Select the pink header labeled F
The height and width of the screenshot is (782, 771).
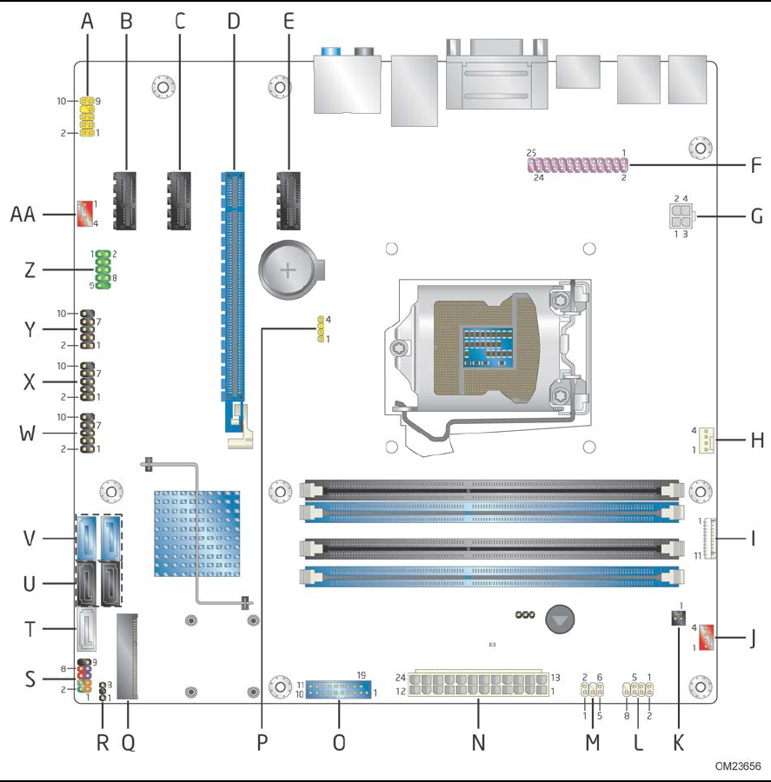580,165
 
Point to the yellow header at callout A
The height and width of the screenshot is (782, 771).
87,117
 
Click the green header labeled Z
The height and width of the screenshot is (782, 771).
103,268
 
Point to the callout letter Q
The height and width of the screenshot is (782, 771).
128,743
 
